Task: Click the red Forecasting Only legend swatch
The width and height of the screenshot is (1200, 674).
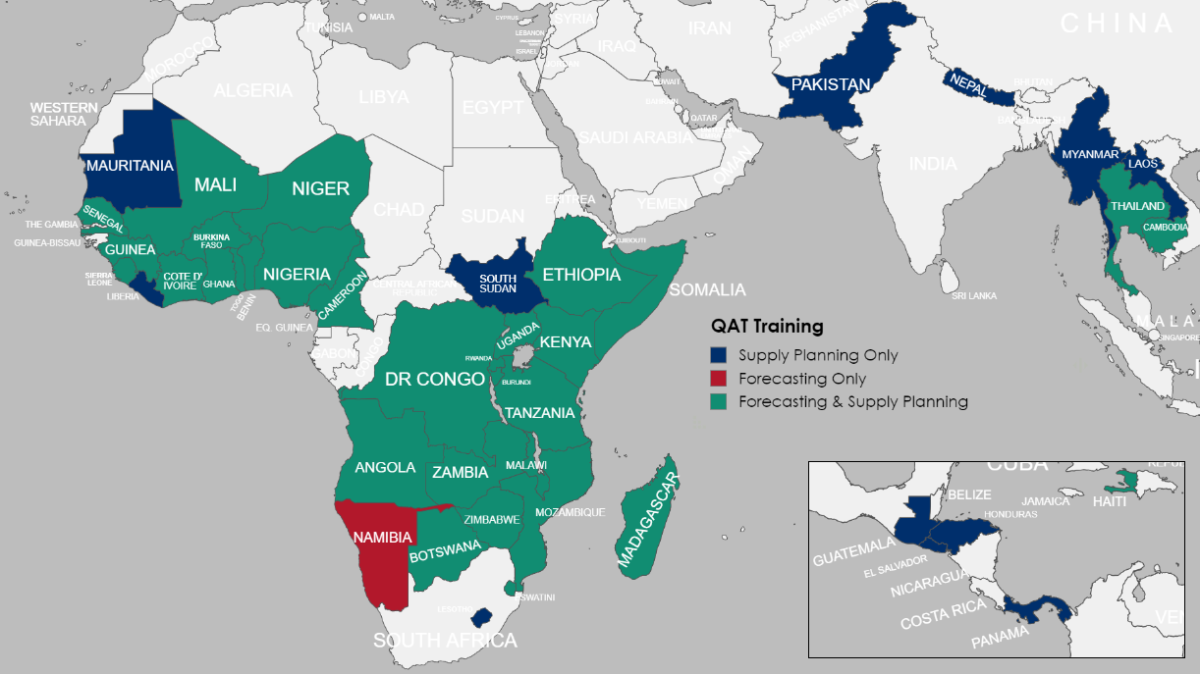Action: point(719,379)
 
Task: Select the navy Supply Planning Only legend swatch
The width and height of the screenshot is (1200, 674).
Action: point(719,355)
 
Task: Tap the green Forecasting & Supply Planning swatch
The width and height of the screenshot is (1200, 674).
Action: point(719,401)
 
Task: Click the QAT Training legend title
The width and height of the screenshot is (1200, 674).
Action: point(767,327)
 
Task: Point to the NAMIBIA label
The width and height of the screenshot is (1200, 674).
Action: point(382,538)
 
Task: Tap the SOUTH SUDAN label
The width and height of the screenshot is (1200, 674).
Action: point(498,285)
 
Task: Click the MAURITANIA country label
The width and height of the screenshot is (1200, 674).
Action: point(130,166)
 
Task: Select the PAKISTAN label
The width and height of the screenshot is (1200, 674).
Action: point(831,84)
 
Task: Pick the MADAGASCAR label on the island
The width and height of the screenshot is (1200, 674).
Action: point(648,520)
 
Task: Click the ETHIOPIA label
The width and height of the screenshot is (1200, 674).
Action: point(581,275)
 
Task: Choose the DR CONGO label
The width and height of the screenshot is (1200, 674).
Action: point(435,380)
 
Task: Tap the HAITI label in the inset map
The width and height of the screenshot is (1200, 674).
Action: point(1109,501)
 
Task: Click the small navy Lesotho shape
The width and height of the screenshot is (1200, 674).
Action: point(480,617)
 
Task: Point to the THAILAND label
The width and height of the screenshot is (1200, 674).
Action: point(1137,206)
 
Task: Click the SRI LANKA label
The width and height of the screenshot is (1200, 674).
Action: point(974,295)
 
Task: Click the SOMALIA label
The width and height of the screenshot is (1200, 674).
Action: point(707,289)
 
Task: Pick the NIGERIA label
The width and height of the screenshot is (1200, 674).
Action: point(297,274)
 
